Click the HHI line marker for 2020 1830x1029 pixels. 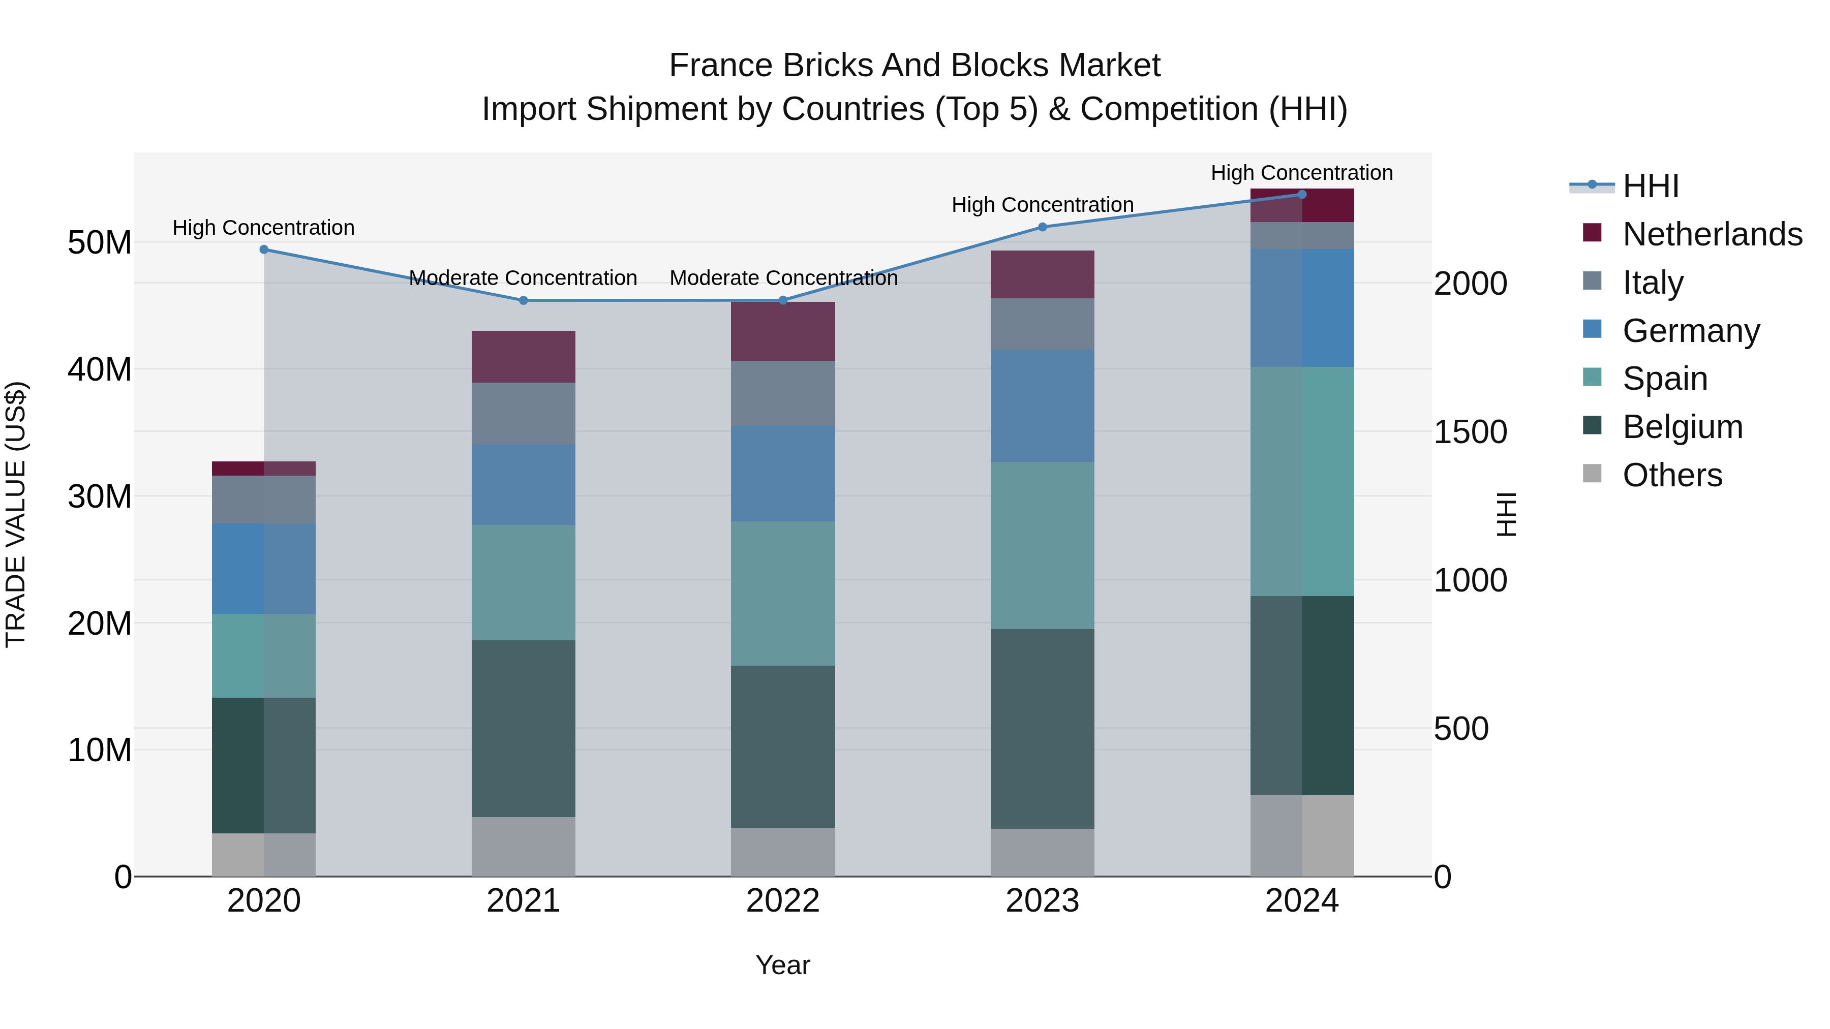pyautogui.click(x=263, y=250)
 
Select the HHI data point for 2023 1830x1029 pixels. pyautogui.click(x=1042, y=227)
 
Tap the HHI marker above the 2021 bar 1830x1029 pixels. pyautogui.click(x=524, y=300)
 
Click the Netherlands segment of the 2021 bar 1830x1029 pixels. pyautogui.click(x=524, y=357)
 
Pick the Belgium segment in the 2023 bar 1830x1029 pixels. pyautogui.click(x=1042, y=729)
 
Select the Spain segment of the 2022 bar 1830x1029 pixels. pyautogui.click(x=783, y=593)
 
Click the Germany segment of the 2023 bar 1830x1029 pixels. pyautogui.click(x=1042, y=406)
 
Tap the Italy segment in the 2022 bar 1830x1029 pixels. pyautogui.click(x=783, y=393)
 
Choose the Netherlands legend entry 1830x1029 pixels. pyautogui.click(x=1712, y=234)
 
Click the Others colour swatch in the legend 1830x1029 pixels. pyautogui.click(x=1592, y=474)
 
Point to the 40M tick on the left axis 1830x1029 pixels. pyautogui.click(x=100, y=369)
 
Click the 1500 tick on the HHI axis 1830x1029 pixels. pyautogui.click(x=1470, y=432)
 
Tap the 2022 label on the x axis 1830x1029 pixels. pyautogui.click(x=783, y=901)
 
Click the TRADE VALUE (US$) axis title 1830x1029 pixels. pyautogui.click(x=16, y=514)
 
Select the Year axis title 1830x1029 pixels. pyautogui.click(x=783, y=965)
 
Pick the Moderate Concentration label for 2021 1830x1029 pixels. pyautogui.click(x=523, y=277)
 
